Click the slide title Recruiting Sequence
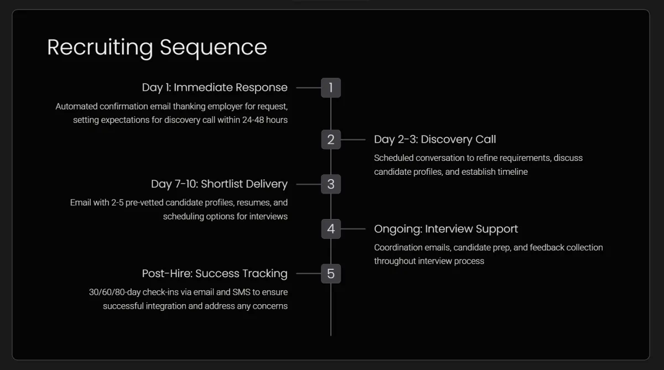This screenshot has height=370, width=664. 157,47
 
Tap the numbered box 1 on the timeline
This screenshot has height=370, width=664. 331,87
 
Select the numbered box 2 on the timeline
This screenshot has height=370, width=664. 331,139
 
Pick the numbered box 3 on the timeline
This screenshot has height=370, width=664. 331,184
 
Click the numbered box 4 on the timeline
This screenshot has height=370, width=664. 331,228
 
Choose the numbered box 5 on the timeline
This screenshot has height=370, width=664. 331,273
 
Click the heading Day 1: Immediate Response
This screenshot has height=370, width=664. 215,87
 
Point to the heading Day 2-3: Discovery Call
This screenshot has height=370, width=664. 435,139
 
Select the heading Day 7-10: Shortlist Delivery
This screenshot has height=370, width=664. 219,184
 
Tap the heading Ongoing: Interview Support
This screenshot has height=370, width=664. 446,229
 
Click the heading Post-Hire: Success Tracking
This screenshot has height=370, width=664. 215,273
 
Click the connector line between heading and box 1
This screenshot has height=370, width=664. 309,87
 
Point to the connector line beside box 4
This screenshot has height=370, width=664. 353,228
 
